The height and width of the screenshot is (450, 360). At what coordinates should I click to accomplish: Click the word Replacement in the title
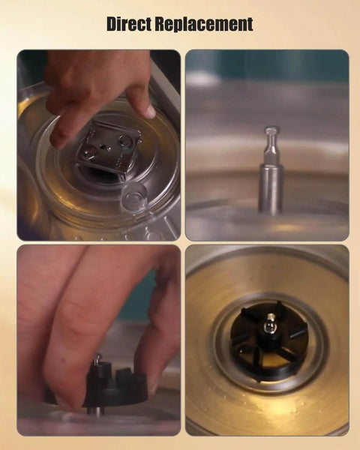coord(204,25)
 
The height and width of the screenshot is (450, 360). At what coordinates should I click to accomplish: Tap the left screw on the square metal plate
coord(87,151)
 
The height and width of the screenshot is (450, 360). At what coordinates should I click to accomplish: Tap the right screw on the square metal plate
coord(125,140)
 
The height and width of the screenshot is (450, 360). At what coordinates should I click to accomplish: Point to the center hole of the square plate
coord(103,146)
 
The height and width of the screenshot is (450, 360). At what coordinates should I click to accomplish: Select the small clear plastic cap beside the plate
coord(133,196)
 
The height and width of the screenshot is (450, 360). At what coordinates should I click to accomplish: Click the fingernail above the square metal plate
coord(149,110)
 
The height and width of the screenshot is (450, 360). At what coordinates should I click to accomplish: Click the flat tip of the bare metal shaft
coord(271,130)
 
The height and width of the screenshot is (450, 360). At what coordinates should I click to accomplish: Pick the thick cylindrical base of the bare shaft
coord(270,188)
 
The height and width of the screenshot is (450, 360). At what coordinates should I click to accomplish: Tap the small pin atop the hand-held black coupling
coord(98,358)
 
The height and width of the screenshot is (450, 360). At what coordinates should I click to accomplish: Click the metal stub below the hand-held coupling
coord(95,410)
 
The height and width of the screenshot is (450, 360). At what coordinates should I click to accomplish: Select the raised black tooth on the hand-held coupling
coord(126,374)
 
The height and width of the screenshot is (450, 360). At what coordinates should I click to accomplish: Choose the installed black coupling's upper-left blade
coord(250,316)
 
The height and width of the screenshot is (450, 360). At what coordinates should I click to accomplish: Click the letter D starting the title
coord(113,24)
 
